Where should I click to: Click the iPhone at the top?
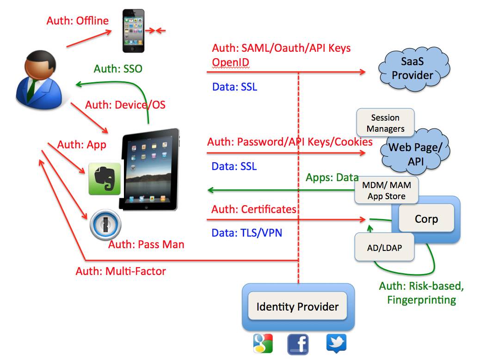click(133, 31)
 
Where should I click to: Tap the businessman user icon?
click(39, 80)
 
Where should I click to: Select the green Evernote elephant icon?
click(105, 179)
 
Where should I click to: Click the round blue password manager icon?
click(105, 225)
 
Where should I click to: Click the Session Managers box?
click(385, 123)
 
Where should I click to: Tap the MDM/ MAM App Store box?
click(386, 190)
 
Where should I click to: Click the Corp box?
click(426, 219)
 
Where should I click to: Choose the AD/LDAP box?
click(384, 247)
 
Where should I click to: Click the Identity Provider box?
click(297, 306)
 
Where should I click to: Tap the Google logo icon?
click(263, 343)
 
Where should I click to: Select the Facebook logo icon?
click(298, 344)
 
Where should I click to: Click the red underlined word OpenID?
click(230, 62)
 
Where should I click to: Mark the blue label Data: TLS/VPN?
click(247, 233)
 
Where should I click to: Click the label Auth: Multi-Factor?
click(121, 271)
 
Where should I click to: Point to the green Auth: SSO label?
click(118, 68)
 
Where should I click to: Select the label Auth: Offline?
click(77, 20)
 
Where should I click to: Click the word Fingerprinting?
click(422, 300)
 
